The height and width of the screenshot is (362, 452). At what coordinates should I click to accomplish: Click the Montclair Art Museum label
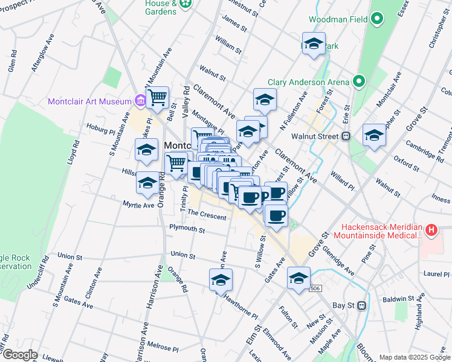[89, 101]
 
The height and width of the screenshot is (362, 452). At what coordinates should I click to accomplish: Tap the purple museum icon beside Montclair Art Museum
[140, 100]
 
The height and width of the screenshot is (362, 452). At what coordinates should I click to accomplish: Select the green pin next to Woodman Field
[378, 19]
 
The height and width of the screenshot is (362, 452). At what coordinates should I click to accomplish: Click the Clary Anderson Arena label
[309, 82]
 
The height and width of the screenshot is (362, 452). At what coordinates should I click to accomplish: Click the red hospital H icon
[431, 230]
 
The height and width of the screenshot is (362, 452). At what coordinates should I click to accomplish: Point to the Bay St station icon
[362, 305]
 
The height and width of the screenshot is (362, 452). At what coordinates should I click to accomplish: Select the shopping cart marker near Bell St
[157, 97]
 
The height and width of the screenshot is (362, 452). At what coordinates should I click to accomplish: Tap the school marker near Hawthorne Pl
[221, 280]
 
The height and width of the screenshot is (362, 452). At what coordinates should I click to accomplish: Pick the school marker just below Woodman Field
[314, 44]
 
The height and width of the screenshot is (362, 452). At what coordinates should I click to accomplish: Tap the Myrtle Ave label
[139, 205]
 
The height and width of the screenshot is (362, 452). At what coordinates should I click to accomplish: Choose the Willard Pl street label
[342, 178]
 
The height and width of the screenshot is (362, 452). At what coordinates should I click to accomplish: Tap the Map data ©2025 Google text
[414, 357]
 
